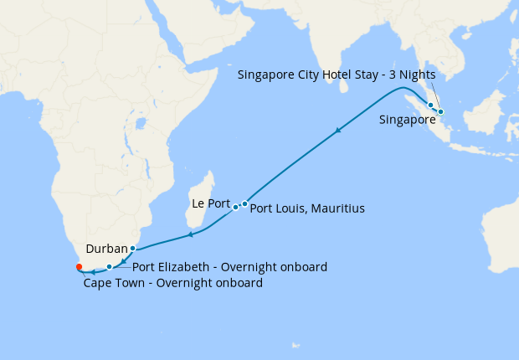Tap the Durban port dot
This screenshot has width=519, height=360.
pyautogui.click(x=132, y=249)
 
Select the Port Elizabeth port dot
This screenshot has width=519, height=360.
pyautogui.click(x=109, y=267)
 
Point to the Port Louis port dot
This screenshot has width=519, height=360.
pyautogui.click(x=244, y=203)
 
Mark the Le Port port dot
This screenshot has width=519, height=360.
pyautogui.click(x=235, y=207)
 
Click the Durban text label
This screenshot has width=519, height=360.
pyautogui.click(x=106, y=249)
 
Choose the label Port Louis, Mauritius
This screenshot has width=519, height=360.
pyautogui.click(x=307, y=207)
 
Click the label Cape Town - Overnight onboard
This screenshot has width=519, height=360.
pyautogui.click(x=173, y=283)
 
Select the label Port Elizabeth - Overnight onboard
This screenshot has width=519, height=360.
pyautogui.click(x=229, y=267)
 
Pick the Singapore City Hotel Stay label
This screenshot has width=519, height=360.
pyautogui.click(x=336, y=74)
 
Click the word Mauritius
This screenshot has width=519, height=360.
pyautogui.click(x=338, y=207)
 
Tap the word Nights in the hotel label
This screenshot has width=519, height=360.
pyautogui.click(x=417, y=74)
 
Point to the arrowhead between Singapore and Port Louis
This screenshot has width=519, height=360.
pyautogui.click(x=338, y=130)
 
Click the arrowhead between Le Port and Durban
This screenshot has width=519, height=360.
pyautogui.click(x=190, y=234)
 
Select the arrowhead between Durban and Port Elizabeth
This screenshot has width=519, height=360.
pyautogui.click(x=123, y=261)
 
